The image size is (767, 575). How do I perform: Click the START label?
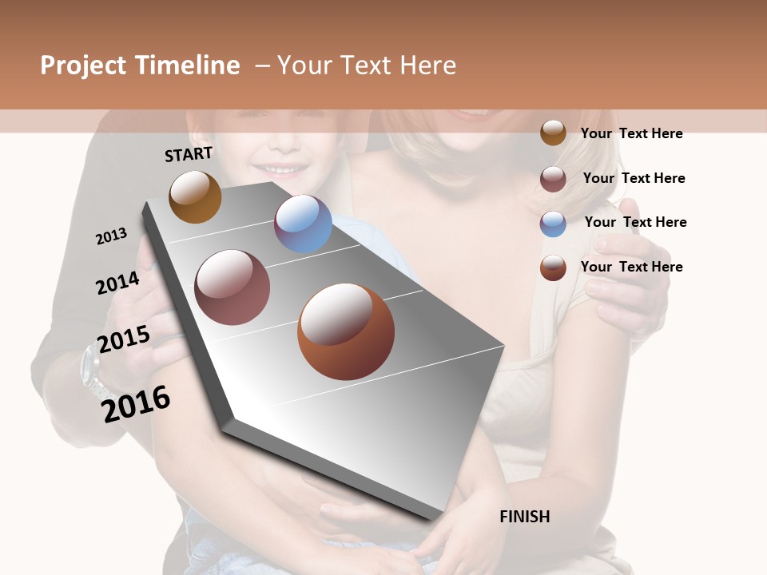pos(189,154)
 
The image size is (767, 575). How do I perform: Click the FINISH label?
pos(525,517)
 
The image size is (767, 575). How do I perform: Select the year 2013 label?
pos(111,236)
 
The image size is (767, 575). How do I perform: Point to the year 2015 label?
pos(124,339)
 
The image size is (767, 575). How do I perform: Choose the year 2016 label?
pos(136,402)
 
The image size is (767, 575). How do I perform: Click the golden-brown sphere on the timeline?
pos(195,196)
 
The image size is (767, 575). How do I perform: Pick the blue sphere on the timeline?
pos(303,224)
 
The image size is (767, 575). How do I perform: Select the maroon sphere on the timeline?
pos(232,287)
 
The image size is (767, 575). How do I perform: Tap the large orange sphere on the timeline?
pos(346,331)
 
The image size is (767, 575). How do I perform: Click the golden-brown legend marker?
pos(553,133)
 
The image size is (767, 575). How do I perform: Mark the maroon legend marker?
pos(553,179)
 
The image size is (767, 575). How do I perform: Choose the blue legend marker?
pos(553,224)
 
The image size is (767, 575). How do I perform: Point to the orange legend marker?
pos(553,268)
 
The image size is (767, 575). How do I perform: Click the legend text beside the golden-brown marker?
pos(631,133)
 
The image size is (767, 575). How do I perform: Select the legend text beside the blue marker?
pos(635,222)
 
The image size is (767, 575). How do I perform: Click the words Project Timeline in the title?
pos(140,65)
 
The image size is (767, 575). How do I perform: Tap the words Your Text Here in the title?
pos(366,65)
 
